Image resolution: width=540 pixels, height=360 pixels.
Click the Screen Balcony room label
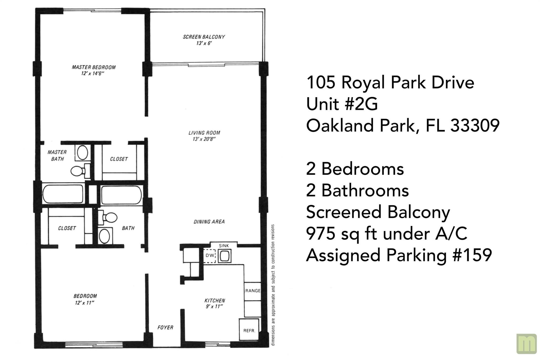point(204,37)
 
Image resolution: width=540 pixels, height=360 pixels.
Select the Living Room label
point(204,133)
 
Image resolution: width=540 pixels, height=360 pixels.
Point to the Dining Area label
point(209,222)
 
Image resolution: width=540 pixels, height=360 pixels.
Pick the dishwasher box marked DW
point(210,256)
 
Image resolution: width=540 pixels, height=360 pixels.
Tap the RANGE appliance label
point(253,291)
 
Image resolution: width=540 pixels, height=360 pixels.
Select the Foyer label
point(165,327)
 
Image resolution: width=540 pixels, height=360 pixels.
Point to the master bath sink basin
point(83,153)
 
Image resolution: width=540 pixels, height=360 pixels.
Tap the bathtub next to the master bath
point(63,194)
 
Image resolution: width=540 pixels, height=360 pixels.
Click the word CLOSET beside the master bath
point(119,159)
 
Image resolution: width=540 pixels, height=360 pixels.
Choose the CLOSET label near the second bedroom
point(67,228)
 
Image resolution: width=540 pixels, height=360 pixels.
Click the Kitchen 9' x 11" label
point(215,303)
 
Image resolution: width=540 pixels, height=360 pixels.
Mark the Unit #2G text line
point(342,104)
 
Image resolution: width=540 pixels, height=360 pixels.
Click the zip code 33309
point(475,125)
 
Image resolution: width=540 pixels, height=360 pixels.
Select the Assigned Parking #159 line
point(399,255)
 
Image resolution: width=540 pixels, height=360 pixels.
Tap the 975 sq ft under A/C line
point(387,234)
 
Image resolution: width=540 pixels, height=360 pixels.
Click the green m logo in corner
point(526,344)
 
